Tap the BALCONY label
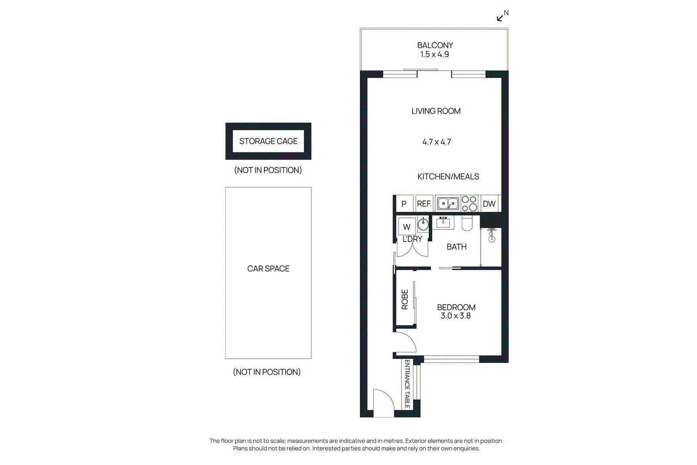tap(435, 45)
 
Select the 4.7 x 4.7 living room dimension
tap(436, 142)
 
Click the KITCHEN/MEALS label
tap(448, 176)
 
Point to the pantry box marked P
tap(404, 204)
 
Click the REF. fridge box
tap(424, 204)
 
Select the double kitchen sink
tap(448, 204)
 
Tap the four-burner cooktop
tap(469, 204)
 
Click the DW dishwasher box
tap(489, 204)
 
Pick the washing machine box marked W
tap(407, 227)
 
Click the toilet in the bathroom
tap(467, 224)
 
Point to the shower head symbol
tap(492, 235)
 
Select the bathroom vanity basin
tap(443, 223)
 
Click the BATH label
tap(457, 247)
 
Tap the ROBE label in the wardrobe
tap(405, 300)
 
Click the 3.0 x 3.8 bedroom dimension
tap(456, 316)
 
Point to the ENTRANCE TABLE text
tap(407, 384)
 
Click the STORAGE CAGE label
tap(268, 141)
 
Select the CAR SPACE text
tap(268, 269)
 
